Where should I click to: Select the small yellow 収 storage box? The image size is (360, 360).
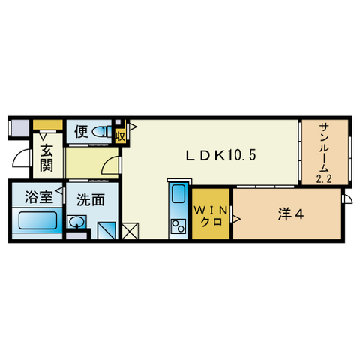coord(120,136)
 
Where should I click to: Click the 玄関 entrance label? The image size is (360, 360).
coord(45,158)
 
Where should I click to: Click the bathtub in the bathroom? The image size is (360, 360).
coord(37,223)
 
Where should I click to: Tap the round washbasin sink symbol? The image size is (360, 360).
coord(76,222)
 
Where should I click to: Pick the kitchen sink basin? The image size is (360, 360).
coord(178,197)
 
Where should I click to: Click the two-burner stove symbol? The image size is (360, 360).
coord(178,225)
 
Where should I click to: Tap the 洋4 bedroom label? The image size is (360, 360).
coord(290,214)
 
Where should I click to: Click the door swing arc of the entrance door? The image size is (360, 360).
coord(21,162)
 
